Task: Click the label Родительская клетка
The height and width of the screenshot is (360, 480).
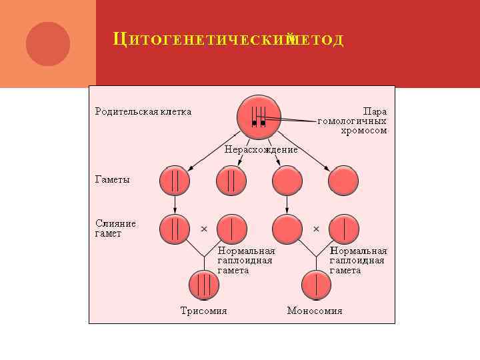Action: [x=143, y=111]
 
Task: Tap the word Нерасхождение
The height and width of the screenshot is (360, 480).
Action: [x=261, y=150]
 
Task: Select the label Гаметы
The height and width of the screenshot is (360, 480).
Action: [x=112, y=179]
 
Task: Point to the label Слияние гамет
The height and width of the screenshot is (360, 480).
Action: [x=115, y=228]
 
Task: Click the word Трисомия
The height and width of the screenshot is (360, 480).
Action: [x=204, y=311]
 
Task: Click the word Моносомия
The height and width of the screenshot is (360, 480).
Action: [x=315, y=311]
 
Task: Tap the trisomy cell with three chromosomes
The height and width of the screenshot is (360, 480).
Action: [x=204, y=285]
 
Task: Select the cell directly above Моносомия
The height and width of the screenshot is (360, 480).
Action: [x=316, y=285]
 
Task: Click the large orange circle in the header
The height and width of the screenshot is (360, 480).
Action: [x=48, y=44]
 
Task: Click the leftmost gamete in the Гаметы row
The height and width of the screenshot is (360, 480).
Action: [x=175, y=181]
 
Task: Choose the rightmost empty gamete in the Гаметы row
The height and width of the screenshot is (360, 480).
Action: [x=343, y=181]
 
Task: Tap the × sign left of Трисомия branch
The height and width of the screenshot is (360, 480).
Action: [x=204, y=229]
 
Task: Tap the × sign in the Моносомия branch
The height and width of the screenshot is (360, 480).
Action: [x=316, y=229]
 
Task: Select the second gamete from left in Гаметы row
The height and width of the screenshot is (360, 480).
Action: [x=231, y=181]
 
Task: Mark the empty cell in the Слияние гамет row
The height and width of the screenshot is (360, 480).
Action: [x=287, y=229]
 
